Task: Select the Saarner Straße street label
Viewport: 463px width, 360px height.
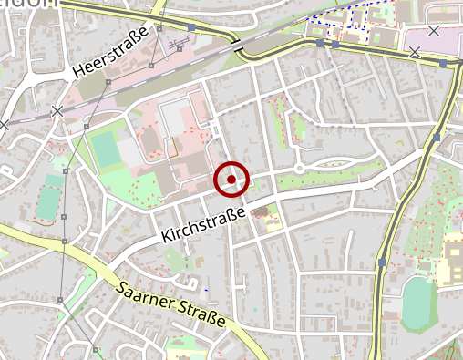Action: click(x=171, y=304)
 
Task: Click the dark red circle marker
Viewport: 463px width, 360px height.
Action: click(x=231, y=179)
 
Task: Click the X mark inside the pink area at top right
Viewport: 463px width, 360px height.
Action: click(x=433, y=31)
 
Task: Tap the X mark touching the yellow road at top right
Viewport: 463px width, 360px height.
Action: click(x=416, y=52)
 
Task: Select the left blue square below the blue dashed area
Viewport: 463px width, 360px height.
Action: click(x=320, y=43)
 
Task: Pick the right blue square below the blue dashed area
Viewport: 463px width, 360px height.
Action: click(x=335, y=44)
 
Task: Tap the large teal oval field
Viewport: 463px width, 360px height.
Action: click(x=417, y=303)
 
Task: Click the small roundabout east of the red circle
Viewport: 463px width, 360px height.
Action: click(x=300, y=169)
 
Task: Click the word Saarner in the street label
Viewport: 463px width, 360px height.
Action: click(x=146, y=294)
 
